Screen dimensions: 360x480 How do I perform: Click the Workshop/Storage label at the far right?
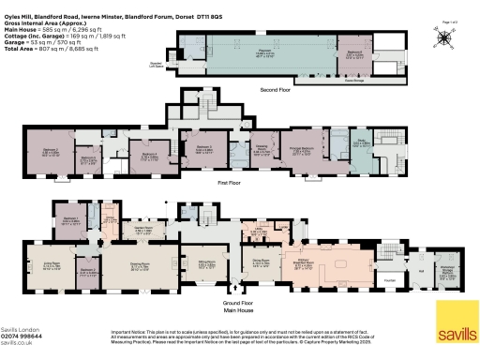pos(447,272)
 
